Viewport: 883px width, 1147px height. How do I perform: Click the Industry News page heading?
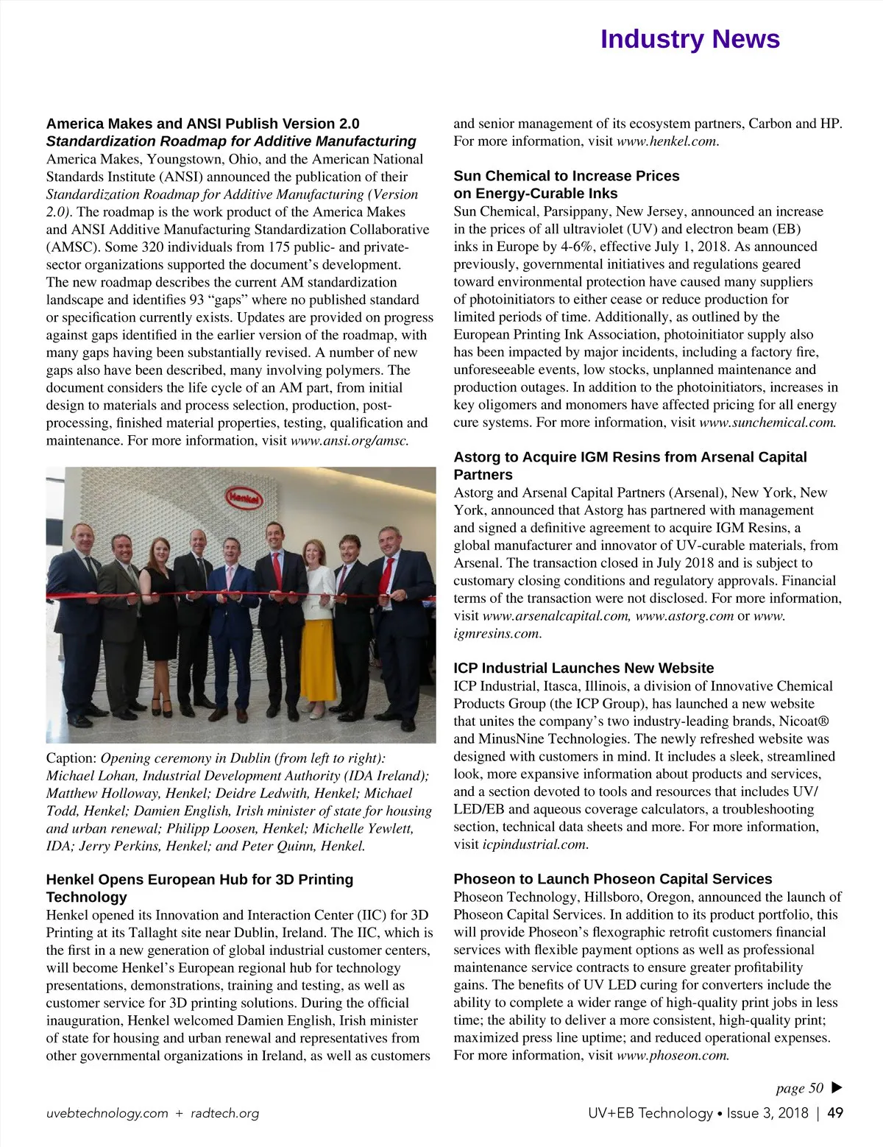pyautogui.click(x=689, y=39)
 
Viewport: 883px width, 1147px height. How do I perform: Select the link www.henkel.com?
pyautogui.click(x=666, y=141)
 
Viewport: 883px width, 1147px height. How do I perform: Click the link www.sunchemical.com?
pyautogui.click(x=767, y=423)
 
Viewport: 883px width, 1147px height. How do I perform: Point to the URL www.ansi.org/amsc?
pyautogui.click(x=350, y=441)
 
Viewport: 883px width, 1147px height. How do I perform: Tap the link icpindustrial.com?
pyautogui.click(x=535, y=844)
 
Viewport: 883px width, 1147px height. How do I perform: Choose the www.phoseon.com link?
pyautogui.click(x=673, y=1056)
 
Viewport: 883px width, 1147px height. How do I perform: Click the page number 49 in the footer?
pyautogui.click(x=835, y=1113)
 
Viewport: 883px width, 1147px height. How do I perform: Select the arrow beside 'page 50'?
pyautogui.click(x=836, y=1088)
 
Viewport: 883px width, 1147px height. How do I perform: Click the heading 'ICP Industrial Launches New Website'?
pyautogui.click(x=584, y=668)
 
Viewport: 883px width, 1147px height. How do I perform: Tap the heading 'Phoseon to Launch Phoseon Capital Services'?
pyautogui.click(x=612, y=879)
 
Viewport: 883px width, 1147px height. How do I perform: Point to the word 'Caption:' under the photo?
pyautogui.click(x=71, y=758)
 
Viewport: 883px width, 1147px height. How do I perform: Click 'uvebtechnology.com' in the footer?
pyautogui.click(x=107, y=1113)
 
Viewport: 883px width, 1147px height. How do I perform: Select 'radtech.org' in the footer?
pyautogui.click(x=224, y=1113)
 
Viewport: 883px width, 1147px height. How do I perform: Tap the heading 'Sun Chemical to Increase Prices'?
pyautogui.click(x=566, y=176)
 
